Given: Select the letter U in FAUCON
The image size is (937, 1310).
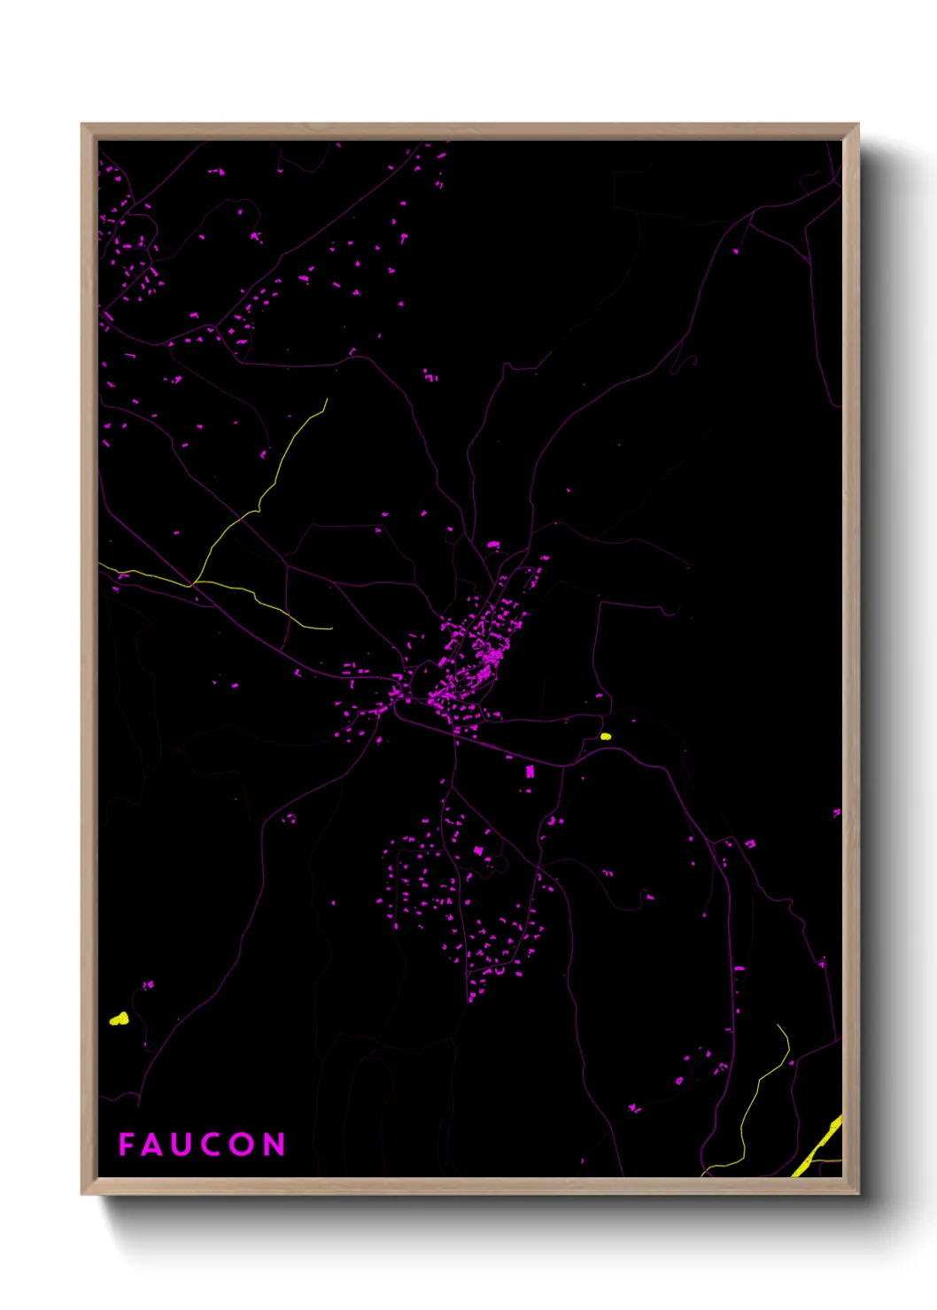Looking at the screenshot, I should [x=181, y=1144].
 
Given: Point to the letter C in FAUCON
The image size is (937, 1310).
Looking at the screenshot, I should [x=212, y=1144].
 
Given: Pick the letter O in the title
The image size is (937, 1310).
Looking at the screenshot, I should [x=243, y=1144].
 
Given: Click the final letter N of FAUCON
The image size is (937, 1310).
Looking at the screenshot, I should [x=274, y=1144].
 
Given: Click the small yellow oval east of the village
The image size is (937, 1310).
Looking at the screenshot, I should [x=606, y=736].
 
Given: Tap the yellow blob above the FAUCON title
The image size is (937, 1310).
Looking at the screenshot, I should [x=119, y=1019].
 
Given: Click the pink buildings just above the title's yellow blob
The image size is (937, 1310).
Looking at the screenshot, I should [x=148, y=984].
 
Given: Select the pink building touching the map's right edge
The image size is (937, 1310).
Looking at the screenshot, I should [x=836, y=812].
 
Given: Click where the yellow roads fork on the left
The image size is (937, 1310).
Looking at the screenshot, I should [x=193, y=582].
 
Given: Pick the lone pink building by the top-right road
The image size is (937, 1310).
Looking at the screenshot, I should [x=735, y=250].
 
